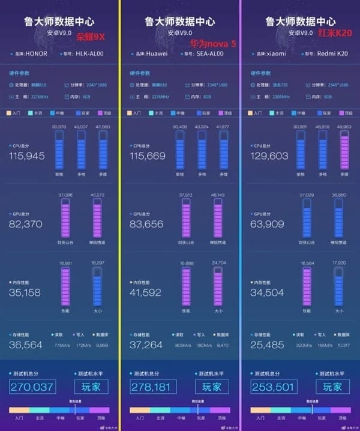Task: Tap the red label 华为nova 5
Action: point(211,44)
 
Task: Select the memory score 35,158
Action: point(25,293)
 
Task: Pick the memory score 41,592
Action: point(146,293)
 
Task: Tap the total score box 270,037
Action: point(32,387)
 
